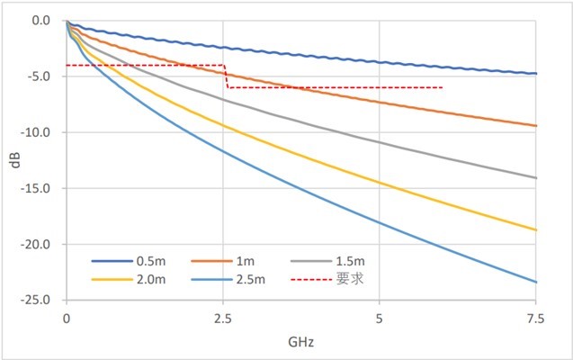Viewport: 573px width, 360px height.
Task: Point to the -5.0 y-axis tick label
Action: pyautogui.click(x=41, y=76)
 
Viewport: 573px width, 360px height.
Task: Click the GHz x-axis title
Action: pyautogui.click(x=301, y=342)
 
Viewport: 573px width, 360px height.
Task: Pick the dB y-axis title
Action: pyautogui.click(x=13, y=160)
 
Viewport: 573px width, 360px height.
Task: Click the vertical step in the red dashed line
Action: pyautogui.click(x=226, y=76)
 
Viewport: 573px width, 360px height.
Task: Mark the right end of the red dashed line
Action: pyautogui.click(x=443, y=87)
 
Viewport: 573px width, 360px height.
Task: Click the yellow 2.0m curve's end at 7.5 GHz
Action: pyautogui.click(x=536, y=230)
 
